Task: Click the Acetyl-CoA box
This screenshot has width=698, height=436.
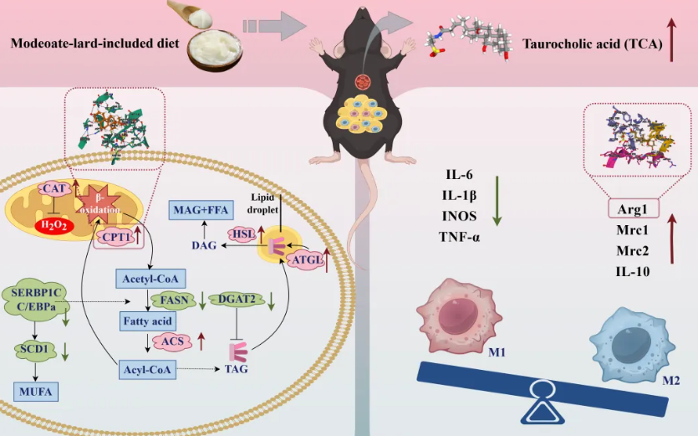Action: (x=149, y=278)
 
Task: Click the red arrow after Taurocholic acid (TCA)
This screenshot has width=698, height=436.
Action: (x=671, y=43)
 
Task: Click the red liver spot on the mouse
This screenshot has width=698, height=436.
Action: (x=362, y=82)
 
